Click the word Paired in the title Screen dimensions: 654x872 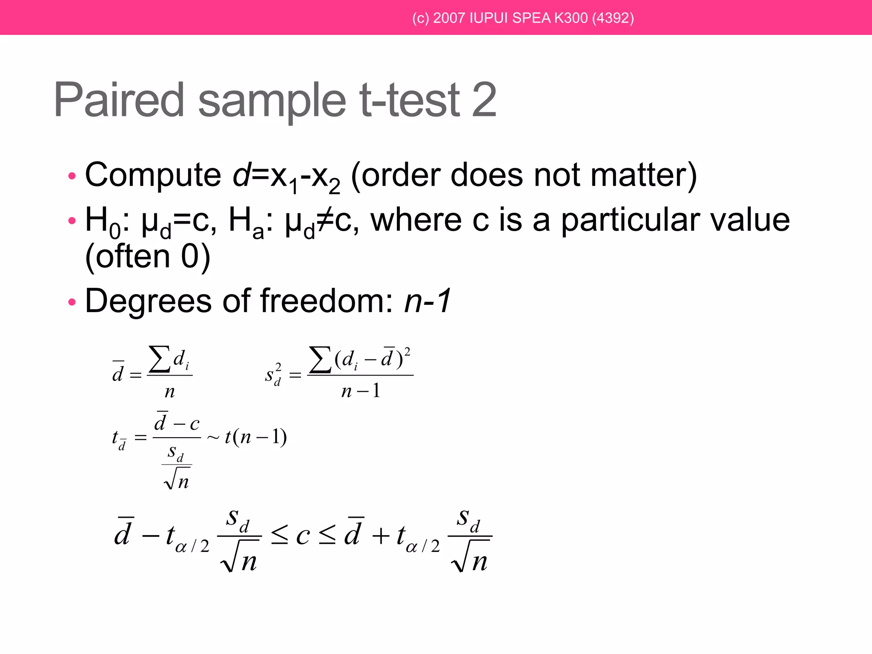click(x=119, y=100)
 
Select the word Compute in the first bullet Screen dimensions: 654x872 click(x=153, y=175)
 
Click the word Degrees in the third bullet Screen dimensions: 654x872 click(x=148, y=301)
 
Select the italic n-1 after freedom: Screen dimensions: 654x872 click(x=427, y=301)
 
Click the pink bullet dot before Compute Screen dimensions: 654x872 click(x=72, y=176)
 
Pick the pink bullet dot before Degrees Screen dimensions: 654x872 click(x=72, y=302)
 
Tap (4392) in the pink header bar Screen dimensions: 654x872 click(x=613, y=18)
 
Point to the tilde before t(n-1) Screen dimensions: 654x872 click(x=213, y=438)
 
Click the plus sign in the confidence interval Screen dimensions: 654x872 click(x=381, y=536)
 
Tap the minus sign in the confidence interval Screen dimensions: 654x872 click(x=151, y=536)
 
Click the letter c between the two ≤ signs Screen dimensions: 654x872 click(x=303, y=536)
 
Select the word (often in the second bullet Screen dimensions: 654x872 click(x=127, y=257)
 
